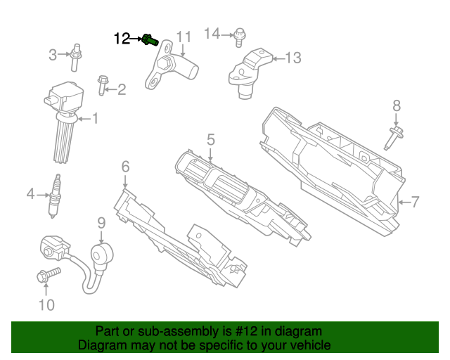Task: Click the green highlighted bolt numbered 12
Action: pyautogui.click(x=149, y=40)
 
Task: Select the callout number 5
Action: pyautogui.click(x=210, y=141)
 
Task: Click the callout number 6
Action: pyautogui.click(x=125, y=167)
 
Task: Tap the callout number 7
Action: pyautogui.click(x=415, y=202)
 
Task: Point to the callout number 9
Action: pyautogui.click(x=101, y=223)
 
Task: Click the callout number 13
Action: pyautogui.click(x=292, y=58)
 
